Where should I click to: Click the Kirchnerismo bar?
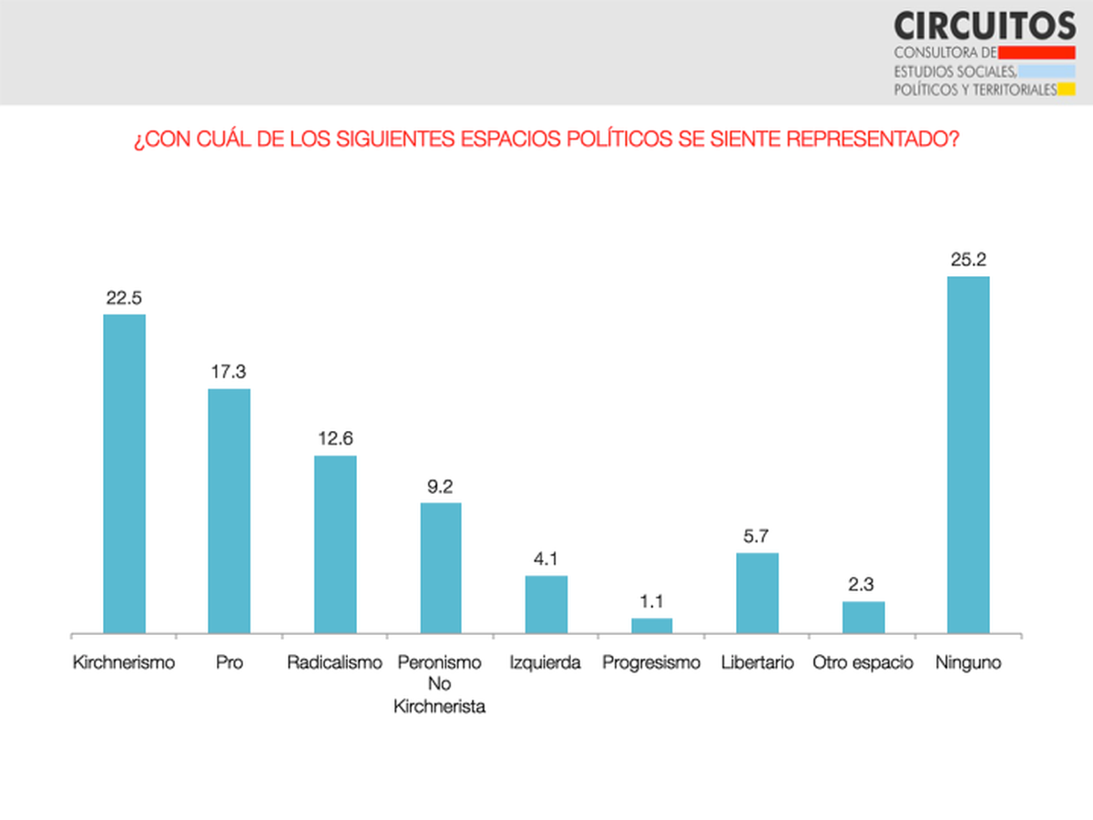point(124,474)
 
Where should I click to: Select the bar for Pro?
point(230,510)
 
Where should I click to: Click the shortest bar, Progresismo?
point(652,625)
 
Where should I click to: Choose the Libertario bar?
point(757,592)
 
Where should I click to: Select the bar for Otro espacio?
point(863,617)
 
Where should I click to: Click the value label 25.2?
point(968,259)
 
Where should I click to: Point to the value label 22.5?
point(124,297)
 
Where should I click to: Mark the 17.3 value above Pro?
point(230,372)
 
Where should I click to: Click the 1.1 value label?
point(652,601)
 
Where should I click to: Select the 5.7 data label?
point(757,536)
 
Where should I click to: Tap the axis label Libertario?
point(757,662)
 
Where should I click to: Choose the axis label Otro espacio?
point(863,662)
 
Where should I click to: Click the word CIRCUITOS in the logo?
point(985,26)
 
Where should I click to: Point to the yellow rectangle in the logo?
point(1067,89)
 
